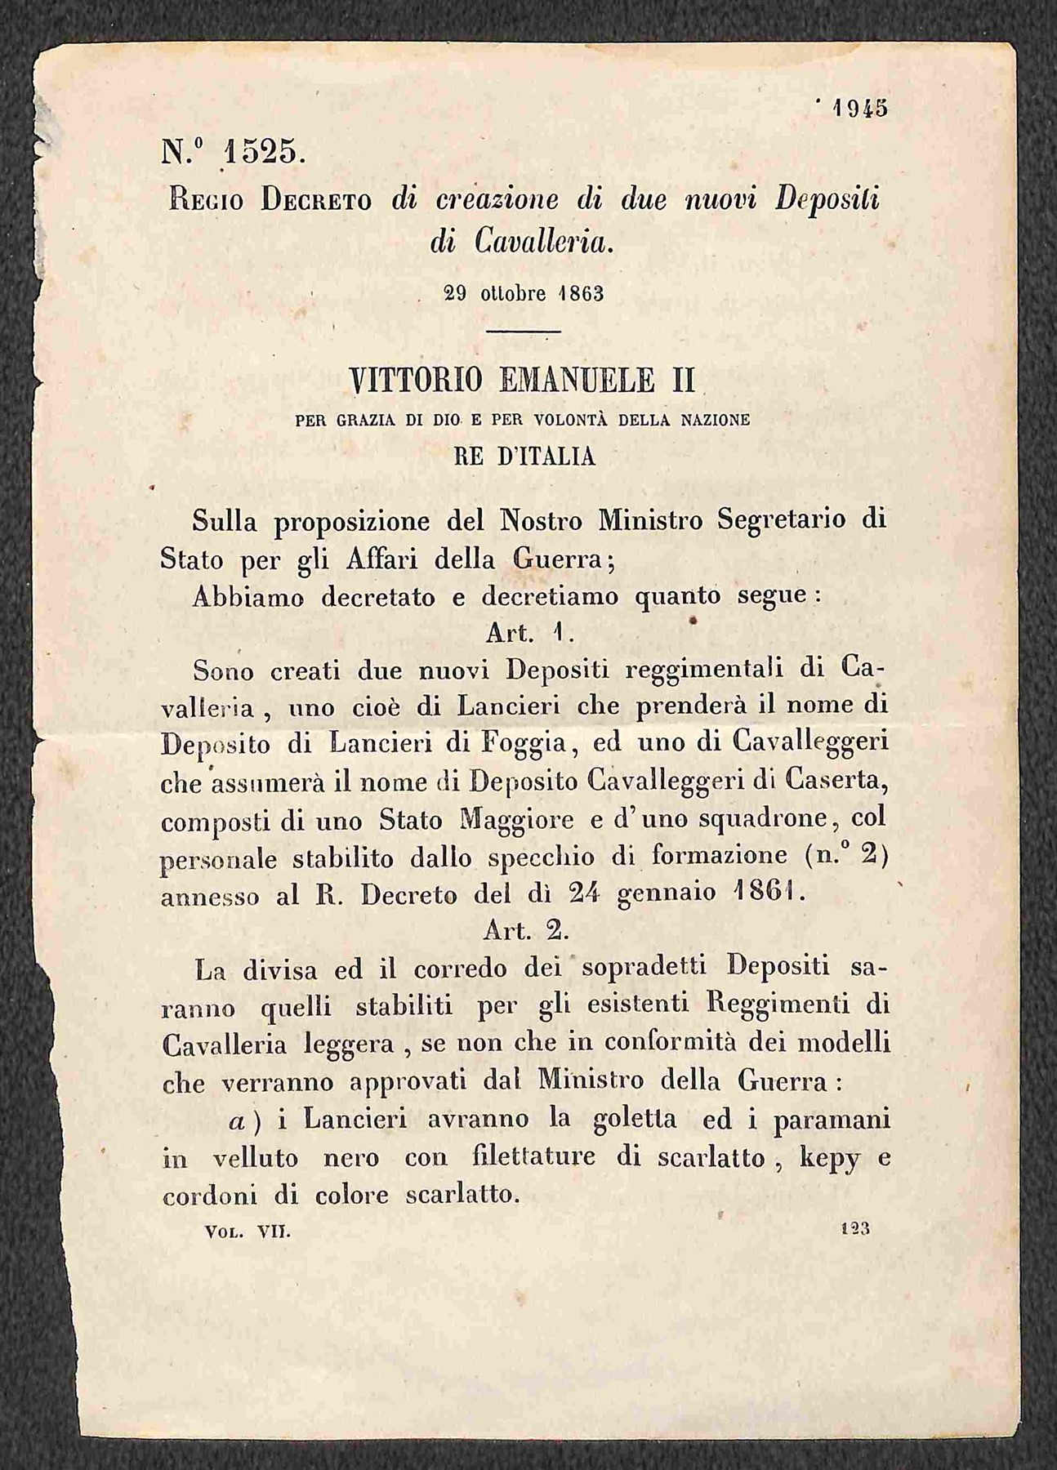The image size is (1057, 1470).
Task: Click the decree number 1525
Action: [263, 154]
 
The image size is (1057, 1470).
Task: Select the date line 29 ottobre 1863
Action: [524, 294]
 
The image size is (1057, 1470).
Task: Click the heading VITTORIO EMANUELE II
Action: [522, 381]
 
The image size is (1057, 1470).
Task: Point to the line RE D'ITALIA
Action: [524, 457]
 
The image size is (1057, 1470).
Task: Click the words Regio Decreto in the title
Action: [270, 201]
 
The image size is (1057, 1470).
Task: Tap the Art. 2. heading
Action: [520, 929]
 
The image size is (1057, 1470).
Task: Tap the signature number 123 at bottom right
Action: [854, 1228]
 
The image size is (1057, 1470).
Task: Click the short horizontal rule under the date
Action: [523, 331]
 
